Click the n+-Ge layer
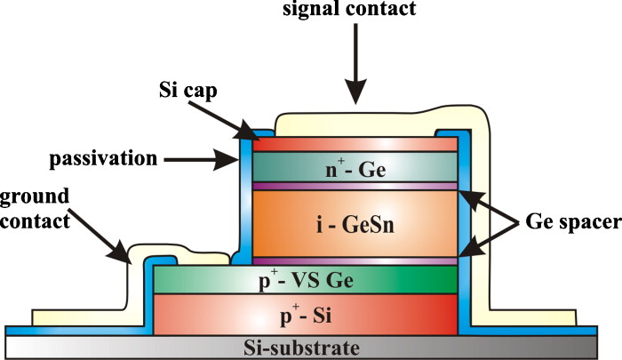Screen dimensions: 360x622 (x=355, y=167)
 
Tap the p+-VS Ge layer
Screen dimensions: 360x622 (x=307, y=280)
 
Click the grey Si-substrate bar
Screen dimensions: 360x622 (x=307, y=347)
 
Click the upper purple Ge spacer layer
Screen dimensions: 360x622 (x=355, y=186)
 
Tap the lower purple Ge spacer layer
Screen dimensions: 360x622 (x=355, y=261)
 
